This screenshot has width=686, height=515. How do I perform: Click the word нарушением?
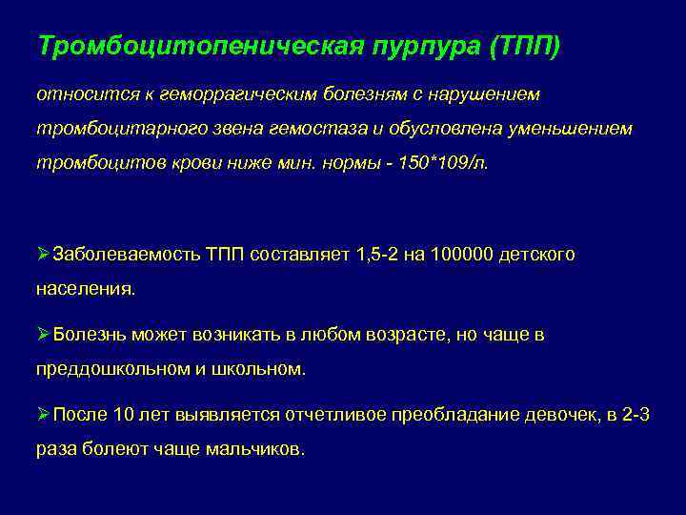pos(489,95)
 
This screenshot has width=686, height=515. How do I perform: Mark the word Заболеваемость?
pos(127,255)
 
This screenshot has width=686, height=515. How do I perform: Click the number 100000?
pos(461,255)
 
